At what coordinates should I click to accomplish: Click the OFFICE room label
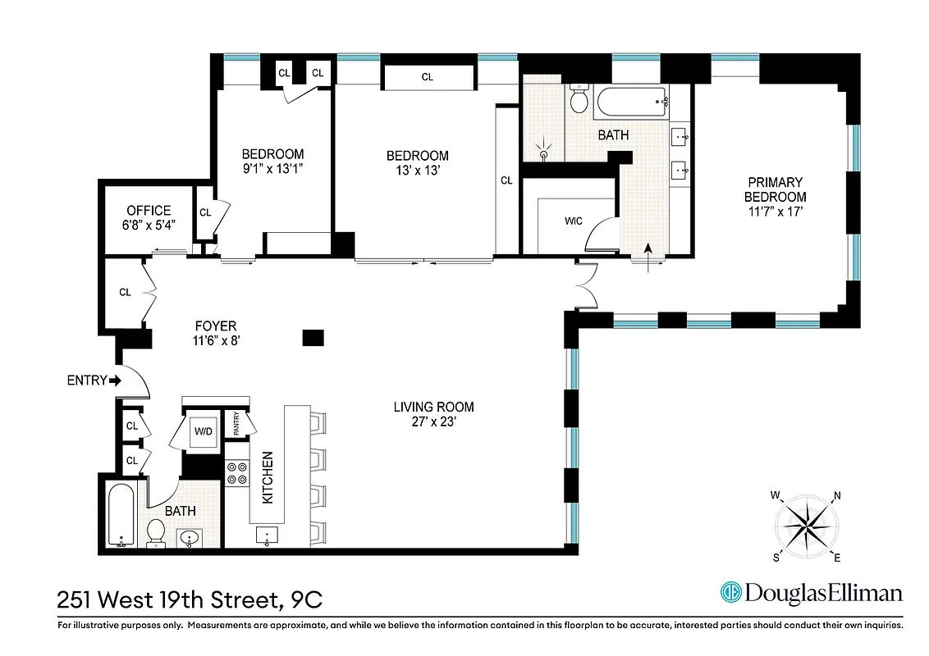149,211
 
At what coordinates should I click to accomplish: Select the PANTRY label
237,424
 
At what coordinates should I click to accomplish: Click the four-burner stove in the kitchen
236,473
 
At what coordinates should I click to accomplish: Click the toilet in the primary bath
579,100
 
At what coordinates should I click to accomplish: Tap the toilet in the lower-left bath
156,535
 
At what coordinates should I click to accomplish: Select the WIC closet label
574,221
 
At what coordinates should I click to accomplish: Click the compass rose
806,526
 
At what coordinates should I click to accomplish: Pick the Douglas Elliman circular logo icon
730,592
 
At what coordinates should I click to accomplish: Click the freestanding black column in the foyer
313,336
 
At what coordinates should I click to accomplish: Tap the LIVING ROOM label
433,407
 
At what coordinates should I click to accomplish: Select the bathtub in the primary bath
630,104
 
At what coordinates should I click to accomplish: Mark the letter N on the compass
836,495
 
